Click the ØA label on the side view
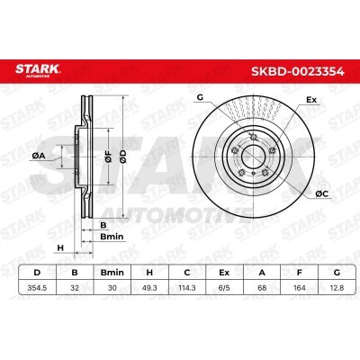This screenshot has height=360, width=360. (x=37, y=155)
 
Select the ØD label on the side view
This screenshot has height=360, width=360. (x=134, y=154)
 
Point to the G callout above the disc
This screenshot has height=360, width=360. (x=199, y=97)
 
